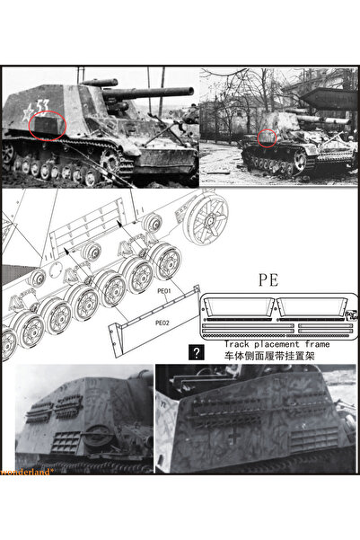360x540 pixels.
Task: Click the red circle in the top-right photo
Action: coord(266,136)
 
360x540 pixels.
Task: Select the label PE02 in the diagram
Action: coord(162,322)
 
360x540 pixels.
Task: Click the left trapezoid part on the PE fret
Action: coord(238,305)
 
